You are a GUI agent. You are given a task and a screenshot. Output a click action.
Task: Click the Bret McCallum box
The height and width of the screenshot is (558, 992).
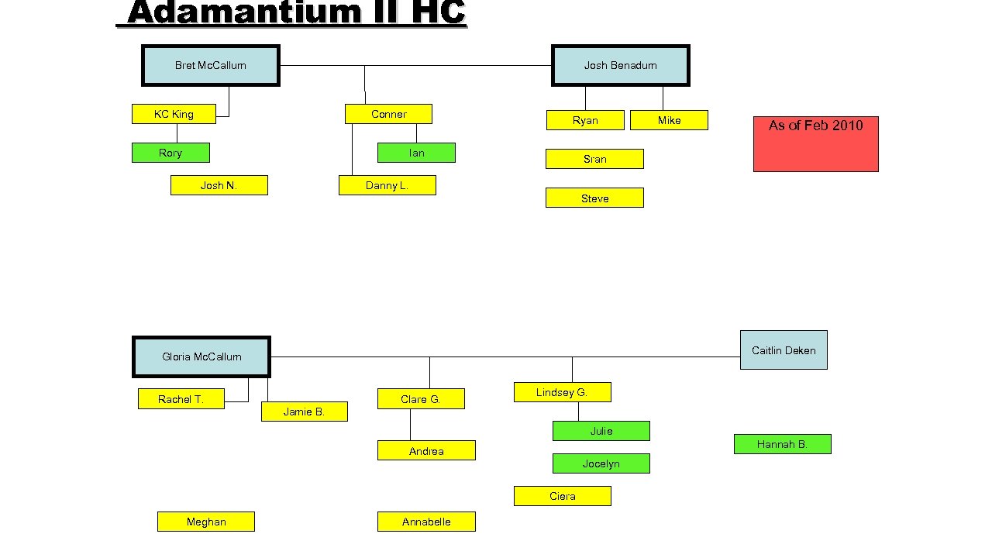tap(210, 65)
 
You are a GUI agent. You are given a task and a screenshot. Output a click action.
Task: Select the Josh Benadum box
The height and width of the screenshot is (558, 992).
tap(620, 65)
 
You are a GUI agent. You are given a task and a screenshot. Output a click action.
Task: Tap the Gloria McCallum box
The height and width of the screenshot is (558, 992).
tap(201, 356)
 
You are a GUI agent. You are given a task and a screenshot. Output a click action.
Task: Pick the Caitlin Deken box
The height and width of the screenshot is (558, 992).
tap(784, 350)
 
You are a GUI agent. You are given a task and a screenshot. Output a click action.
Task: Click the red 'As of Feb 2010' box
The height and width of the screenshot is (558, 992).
tap(815, 143)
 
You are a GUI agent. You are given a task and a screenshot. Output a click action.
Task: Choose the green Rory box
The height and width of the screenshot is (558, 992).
tap(170, 153)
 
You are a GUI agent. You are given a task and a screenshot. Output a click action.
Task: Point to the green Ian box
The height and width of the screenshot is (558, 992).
tap(416, 153)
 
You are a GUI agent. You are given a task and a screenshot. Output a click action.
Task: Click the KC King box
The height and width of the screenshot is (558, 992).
tap(174, 114)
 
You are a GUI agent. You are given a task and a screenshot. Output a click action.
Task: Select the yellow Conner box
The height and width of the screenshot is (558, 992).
tap(388, 114)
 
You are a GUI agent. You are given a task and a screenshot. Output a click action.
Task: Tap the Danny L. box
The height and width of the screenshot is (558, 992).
tap(387, 185)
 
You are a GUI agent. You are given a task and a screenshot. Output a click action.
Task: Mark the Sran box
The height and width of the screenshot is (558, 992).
tap(594, 159)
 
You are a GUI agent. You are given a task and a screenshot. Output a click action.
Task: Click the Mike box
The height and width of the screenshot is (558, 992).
tap(669, 120)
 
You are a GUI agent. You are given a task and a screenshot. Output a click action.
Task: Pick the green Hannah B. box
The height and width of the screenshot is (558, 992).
tap(782, 444)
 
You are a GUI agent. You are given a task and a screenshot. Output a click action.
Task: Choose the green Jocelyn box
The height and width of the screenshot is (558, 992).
tap(601, 463)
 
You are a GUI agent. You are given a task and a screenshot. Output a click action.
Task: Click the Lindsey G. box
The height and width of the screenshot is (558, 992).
tap(562, 392)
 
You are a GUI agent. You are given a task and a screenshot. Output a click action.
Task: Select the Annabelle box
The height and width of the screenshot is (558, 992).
tap(426, 522)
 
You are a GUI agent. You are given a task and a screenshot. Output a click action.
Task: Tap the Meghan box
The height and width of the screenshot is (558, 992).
tap(206, 522)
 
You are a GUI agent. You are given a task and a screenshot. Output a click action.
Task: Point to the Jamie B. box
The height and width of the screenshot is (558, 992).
tap(304, 412)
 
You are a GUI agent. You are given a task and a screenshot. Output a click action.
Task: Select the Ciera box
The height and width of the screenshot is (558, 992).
tap(562, 496)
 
